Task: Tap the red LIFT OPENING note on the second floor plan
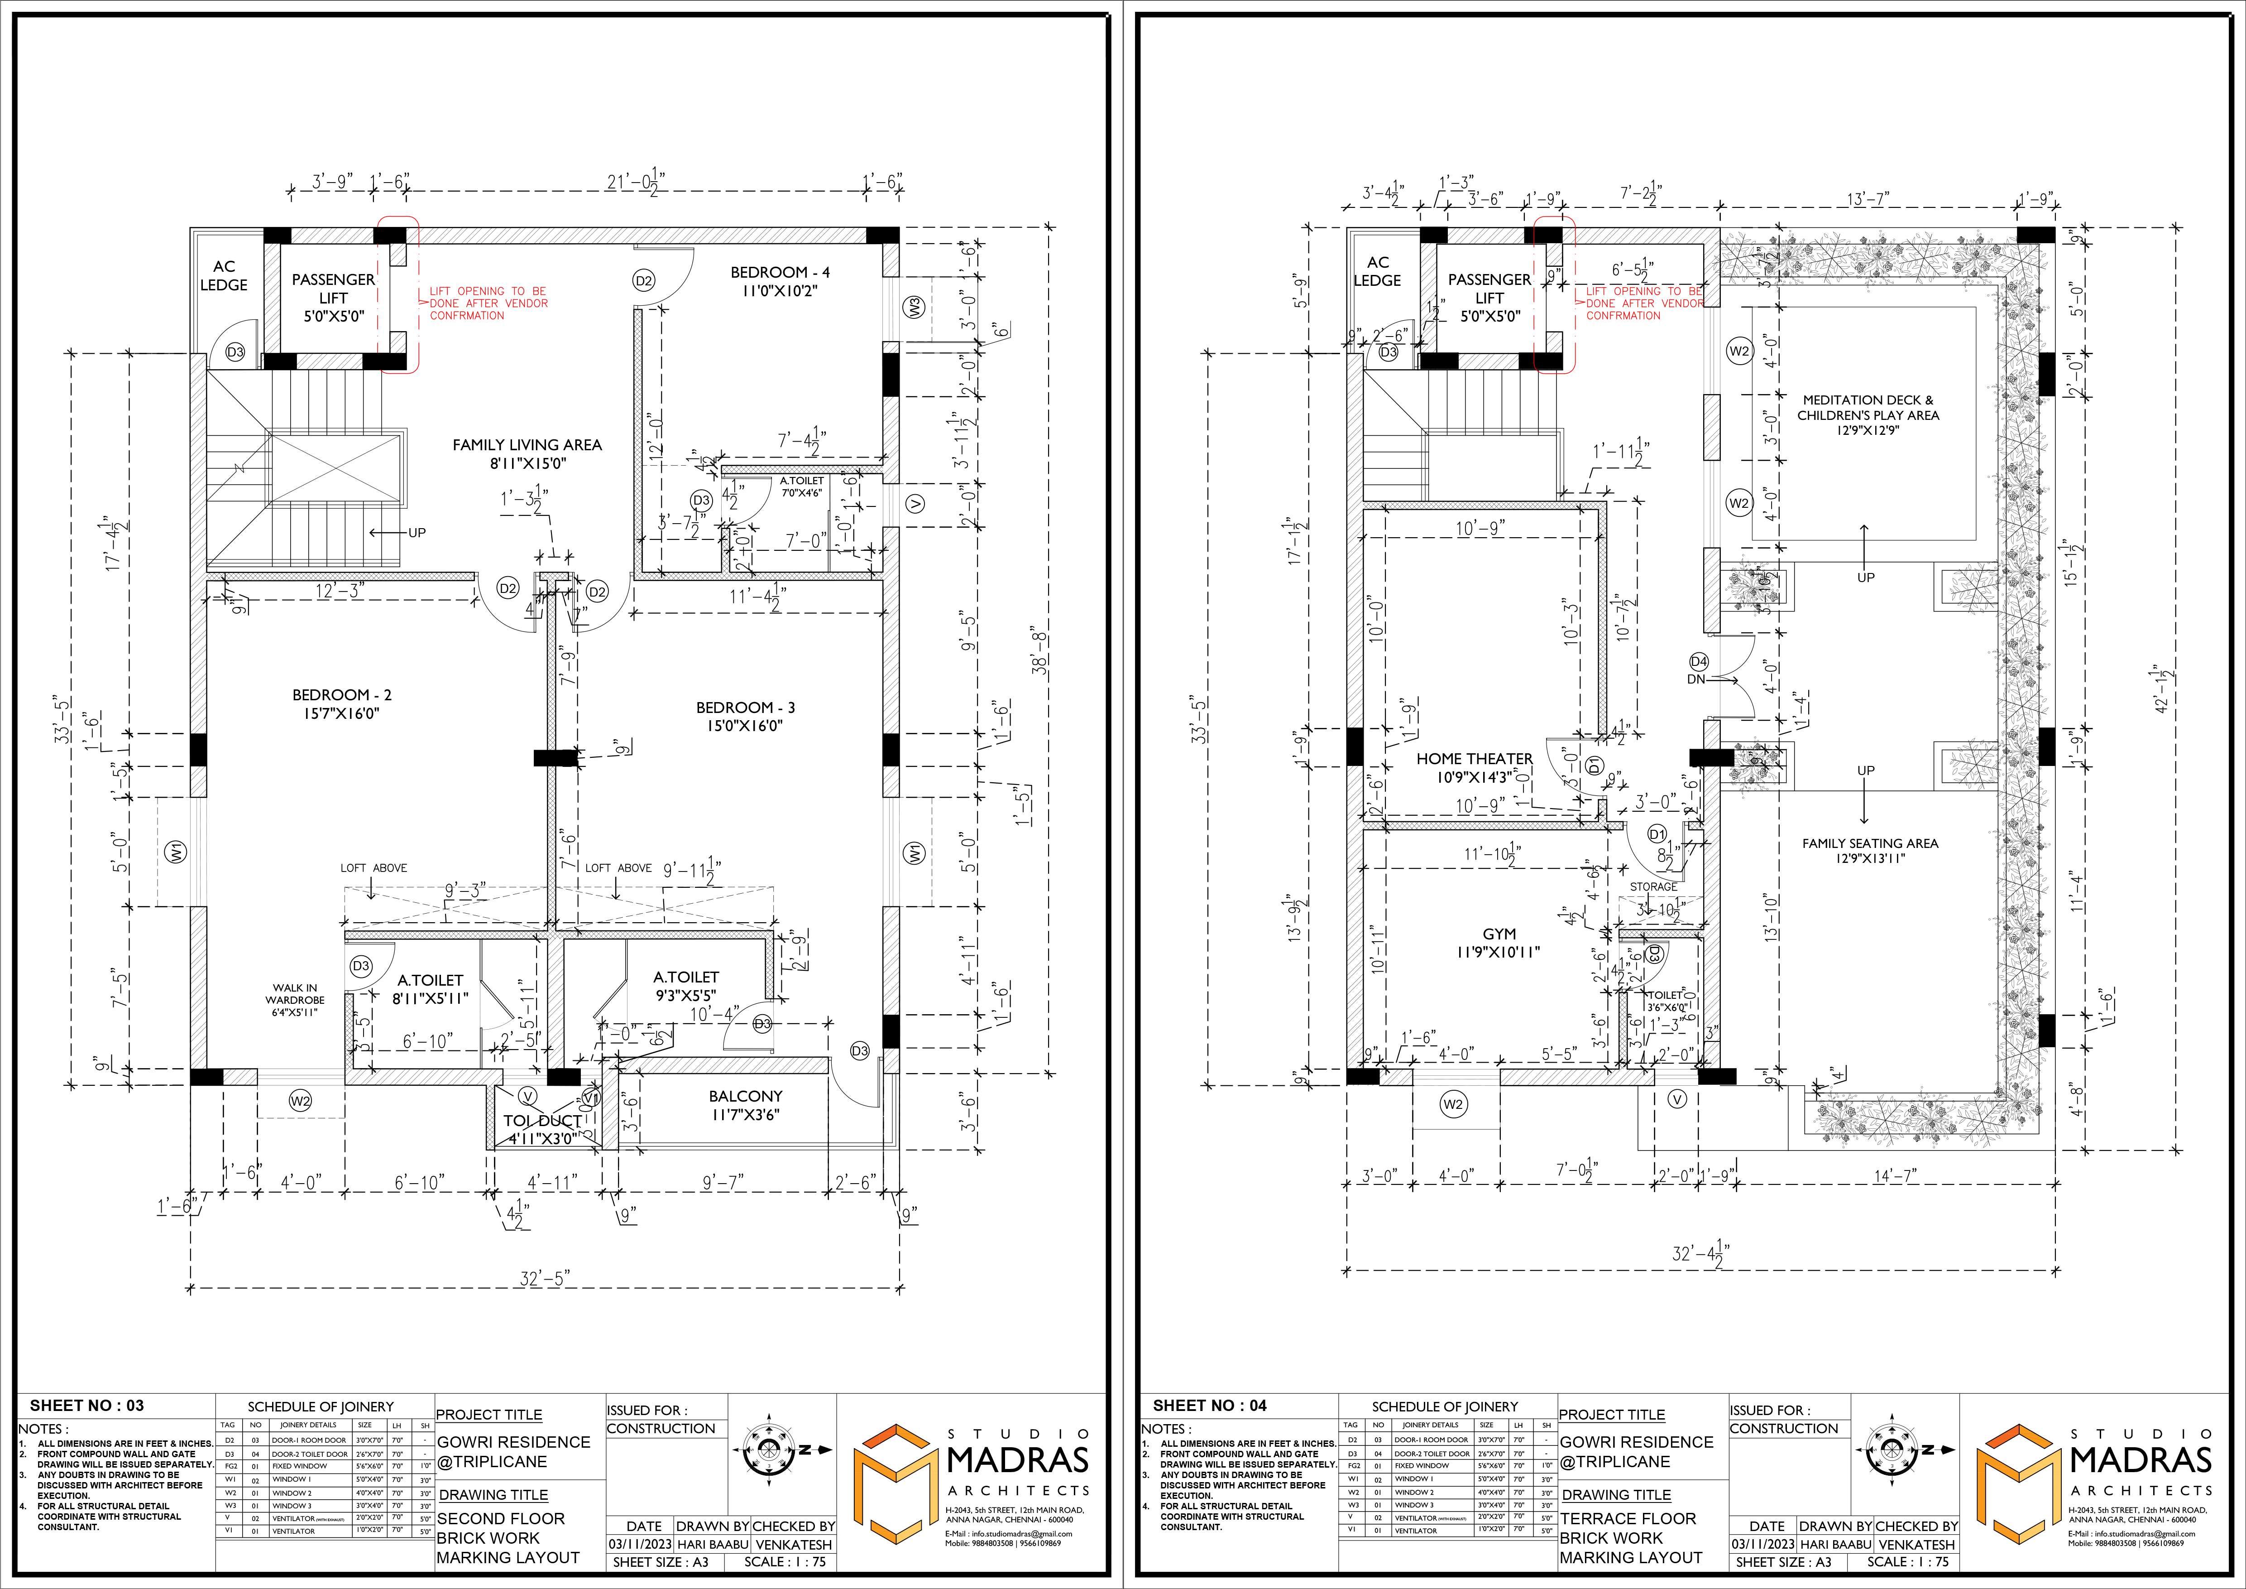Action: pyautogui.click(x=487, y=303)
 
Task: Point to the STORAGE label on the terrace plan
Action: pyautogui.click(x=1653, y=886)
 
